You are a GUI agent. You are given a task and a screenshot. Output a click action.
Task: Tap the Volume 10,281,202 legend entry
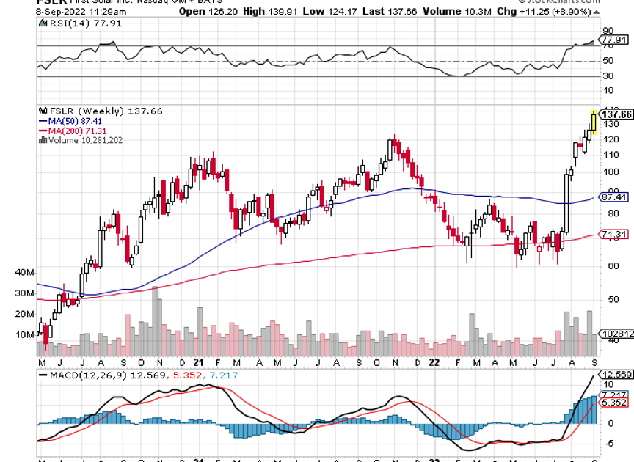[x=81, y=139]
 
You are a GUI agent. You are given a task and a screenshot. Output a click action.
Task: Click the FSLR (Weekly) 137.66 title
[x=98, y=111]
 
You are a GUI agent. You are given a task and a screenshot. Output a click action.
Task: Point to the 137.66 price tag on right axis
[x=616, y=114]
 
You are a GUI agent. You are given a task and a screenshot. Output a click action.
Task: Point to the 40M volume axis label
[x=24, y=272]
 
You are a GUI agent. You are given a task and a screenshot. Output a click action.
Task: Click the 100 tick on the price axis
[x=608, y=172]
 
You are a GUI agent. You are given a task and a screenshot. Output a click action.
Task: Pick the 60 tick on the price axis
[x=608, y=265]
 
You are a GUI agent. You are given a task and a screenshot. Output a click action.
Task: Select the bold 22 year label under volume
[x=435, y=362]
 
